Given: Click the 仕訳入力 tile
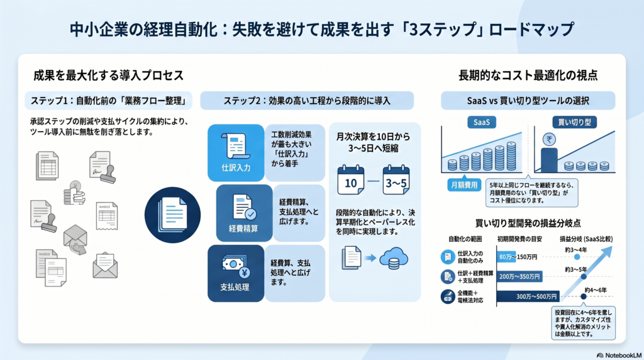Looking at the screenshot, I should click(x=235, y=149).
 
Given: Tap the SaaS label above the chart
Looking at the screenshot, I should click(x=482, y=121).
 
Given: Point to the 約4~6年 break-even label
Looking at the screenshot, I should click(x=594, y=290).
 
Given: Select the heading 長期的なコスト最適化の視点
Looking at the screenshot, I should click(x=528, y=76).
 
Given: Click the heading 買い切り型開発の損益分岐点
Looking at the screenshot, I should click(x=528, y=223).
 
